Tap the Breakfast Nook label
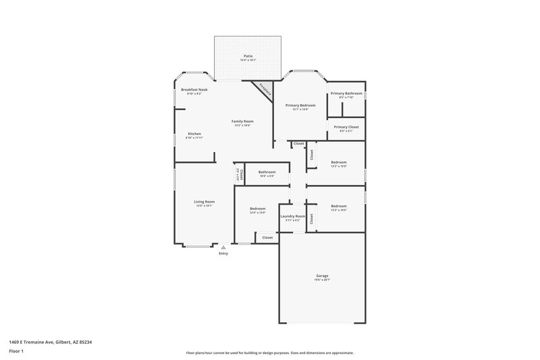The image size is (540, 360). [194, 89]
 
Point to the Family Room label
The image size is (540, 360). [242, 122]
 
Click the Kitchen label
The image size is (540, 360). [194, 134]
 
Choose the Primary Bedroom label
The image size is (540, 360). [300, 105]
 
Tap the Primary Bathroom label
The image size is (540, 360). [346, 93]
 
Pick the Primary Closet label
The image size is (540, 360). [346, 127]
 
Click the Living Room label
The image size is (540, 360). [204, 201]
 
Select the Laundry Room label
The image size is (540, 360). [292, 216]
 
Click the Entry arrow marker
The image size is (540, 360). [223, 247]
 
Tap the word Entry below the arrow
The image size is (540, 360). [223, 253]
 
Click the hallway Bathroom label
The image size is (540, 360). [267, 172]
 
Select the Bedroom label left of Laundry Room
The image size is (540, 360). [257, 209]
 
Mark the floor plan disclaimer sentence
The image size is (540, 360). [270, 352]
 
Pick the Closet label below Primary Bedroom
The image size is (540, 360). [298, 143]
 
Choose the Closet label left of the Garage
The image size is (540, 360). [267, 238]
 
